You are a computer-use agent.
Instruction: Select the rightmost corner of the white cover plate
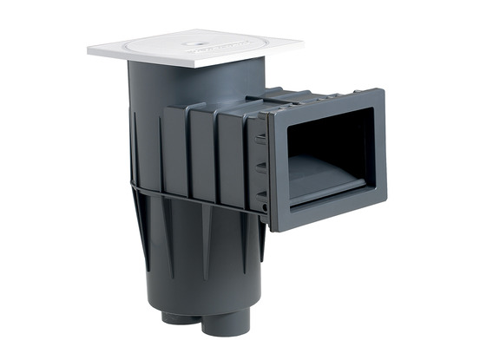point(303,40)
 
